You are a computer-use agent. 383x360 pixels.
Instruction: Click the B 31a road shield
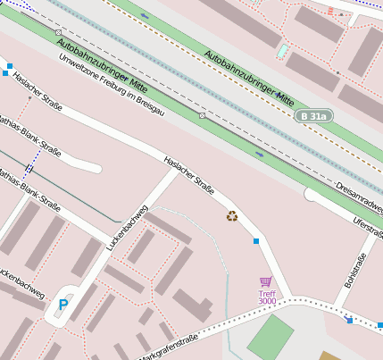(x=316, y=115)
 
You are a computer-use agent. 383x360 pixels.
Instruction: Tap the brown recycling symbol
(x=232, y=215)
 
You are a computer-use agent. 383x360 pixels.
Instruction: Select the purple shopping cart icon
(x=265, y=282)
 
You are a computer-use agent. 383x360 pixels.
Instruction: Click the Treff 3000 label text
(x=267, y=297)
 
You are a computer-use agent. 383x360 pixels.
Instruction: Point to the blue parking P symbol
(x=63, y=305)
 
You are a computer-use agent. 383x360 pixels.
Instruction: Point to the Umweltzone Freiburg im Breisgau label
(x=111, y=86)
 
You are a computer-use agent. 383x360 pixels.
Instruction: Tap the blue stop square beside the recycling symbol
(x=256, y=241)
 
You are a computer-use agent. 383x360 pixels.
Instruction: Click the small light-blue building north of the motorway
(x=282, y=51)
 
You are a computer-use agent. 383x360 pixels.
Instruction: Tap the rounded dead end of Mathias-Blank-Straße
(x=94, y=165)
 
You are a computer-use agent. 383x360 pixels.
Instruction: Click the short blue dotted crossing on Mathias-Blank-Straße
(x=29, y=167)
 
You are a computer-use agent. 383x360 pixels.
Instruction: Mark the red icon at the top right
(x=331, y=12)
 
